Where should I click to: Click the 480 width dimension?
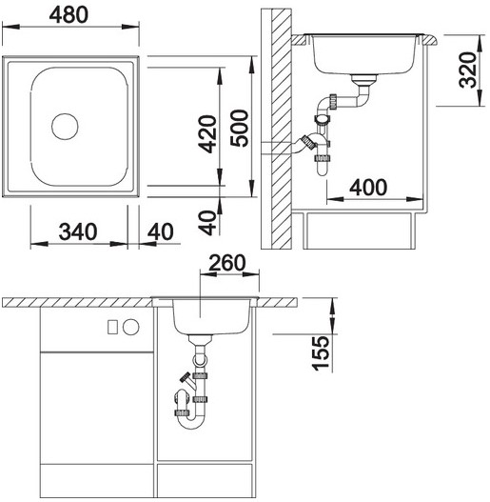(69, 14)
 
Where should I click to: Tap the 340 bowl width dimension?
(78, 231)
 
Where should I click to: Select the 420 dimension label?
(206, 133)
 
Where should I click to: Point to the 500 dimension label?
(239, 128)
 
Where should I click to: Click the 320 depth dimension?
(467, 70)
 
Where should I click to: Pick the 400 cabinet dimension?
(368, 188)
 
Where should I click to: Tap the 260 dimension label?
(227, 263)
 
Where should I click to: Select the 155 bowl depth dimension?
(321, 353)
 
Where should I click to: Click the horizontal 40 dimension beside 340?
(161, 231)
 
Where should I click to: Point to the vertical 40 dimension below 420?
(206, 223)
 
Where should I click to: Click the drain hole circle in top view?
(65, 127)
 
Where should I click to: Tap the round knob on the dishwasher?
(131, 327)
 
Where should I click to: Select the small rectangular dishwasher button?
(112, 327)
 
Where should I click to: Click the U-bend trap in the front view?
(190, 422)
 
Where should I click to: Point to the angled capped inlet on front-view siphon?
(187, 380)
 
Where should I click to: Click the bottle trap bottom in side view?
(323, 168)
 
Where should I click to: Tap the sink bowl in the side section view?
(365, 54)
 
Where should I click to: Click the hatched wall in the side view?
(282, 129)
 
